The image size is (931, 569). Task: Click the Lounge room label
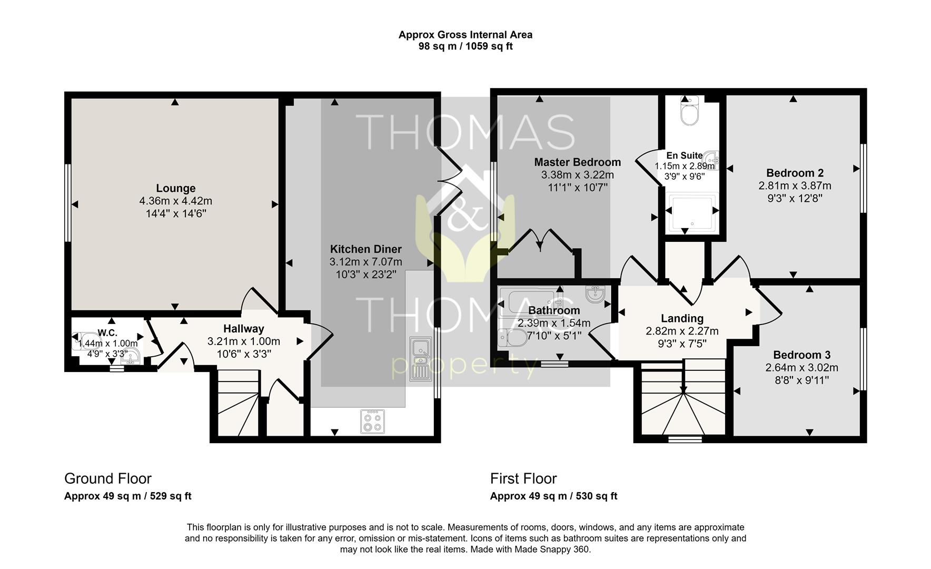click(176, 188)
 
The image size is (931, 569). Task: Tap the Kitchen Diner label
click(366, 249)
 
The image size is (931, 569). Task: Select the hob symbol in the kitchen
click(372, 421)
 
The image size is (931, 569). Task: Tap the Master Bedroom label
click(577, 162)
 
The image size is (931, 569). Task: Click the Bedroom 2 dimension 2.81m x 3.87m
click(795, 185)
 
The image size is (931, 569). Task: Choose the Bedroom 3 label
click(802, 355)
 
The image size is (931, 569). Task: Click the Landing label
click(682, 318)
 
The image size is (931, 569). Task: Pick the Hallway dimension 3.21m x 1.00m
click(243, 341)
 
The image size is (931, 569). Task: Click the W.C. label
click(107, 332)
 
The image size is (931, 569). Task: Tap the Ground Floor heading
click(108, 478)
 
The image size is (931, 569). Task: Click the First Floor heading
click(523, 478)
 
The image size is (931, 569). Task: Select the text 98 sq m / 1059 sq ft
click(465, 46)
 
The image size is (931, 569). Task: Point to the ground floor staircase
click(239, 403)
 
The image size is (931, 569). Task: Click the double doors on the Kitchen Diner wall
click(449, 182)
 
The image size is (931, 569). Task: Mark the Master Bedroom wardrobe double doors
click(540, 242)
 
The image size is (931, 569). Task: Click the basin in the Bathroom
click(596, 293)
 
